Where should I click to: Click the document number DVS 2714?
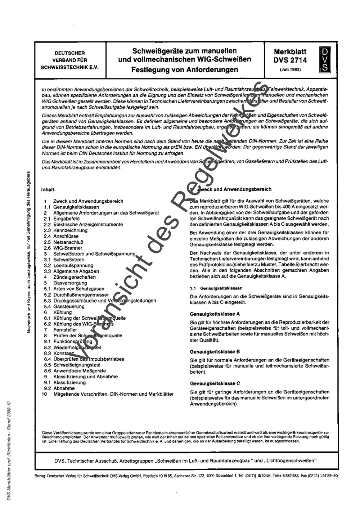click(290, 60)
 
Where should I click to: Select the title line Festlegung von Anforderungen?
click(185, 69)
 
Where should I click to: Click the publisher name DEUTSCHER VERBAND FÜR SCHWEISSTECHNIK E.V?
click(69, 60)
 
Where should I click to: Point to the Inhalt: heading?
click(49, 189)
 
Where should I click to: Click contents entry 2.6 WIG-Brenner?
click(63, 248)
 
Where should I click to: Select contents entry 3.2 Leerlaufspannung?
click(68, 266)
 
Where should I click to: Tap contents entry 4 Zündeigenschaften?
click(70, 277)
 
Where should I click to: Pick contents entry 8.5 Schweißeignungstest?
click(74, 365)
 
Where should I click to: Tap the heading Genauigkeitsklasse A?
click(215, 314)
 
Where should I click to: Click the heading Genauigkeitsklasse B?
click(215, 352)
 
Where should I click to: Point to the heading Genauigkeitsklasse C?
click(215, 383)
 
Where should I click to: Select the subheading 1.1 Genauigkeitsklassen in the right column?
click(216, 288)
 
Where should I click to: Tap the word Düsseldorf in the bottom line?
click(224, 476)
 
